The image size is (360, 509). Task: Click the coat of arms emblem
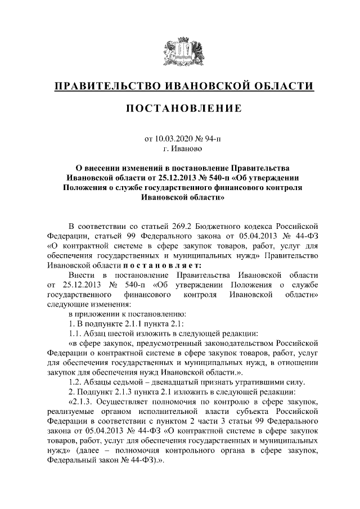coord(179,53)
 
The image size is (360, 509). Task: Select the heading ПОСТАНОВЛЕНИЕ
coord(179,108)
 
